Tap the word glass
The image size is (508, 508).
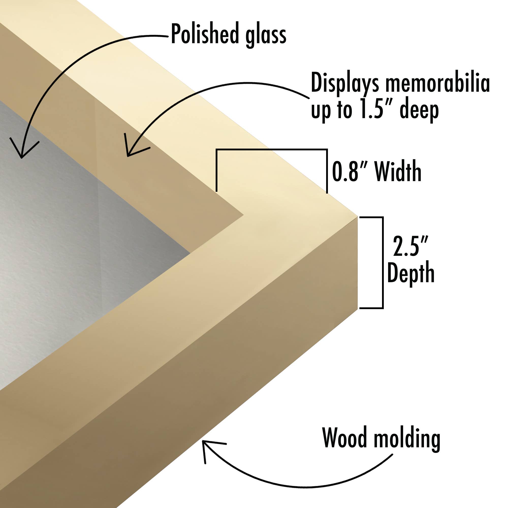pos(266,36)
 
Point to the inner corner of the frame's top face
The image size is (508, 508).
pos(243,215)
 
